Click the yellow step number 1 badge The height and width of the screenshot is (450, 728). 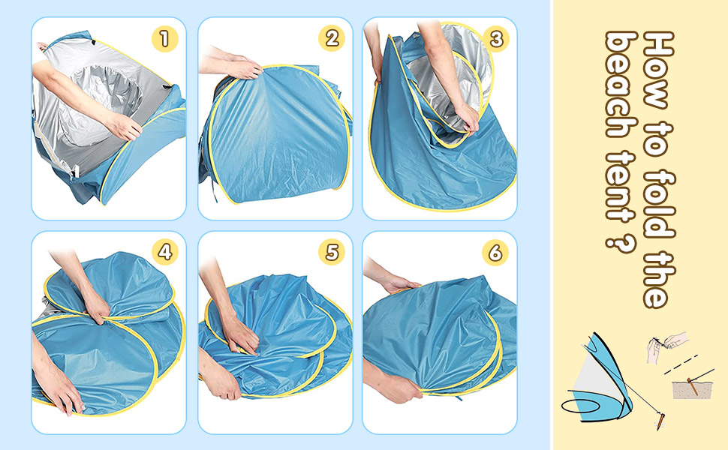point(164,39)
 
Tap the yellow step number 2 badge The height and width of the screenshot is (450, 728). point(330,39)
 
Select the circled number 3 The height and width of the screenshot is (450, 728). point(495,39)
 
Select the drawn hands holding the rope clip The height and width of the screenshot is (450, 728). point(665,346)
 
